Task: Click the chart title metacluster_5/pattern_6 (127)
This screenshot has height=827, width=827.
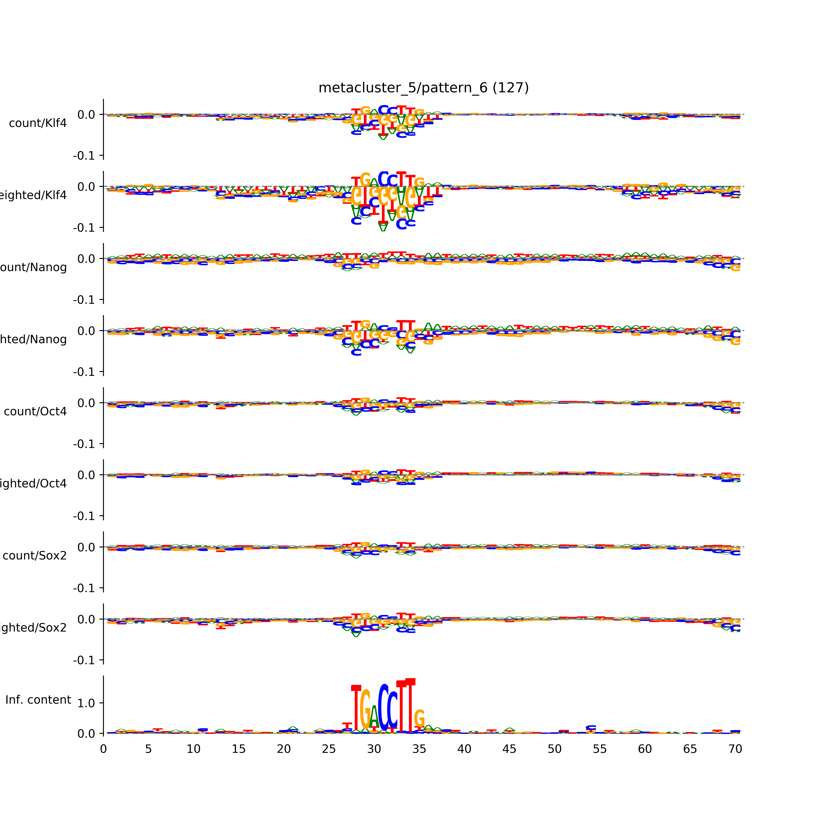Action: click(x=423, y=88)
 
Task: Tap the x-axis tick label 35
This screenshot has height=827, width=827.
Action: click(x=419, y=749)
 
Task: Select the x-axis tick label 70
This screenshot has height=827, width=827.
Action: click(x=735, y=749)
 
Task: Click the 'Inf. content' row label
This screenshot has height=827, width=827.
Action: click(x=38, y=700)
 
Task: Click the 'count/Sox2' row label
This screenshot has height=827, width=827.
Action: click(x=35, y=556)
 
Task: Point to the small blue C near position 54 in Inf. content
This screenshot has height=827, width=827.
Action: click(x=591, y=728)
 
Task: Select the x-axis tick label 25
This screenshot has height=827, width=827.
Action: click(x=329, y=749)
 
